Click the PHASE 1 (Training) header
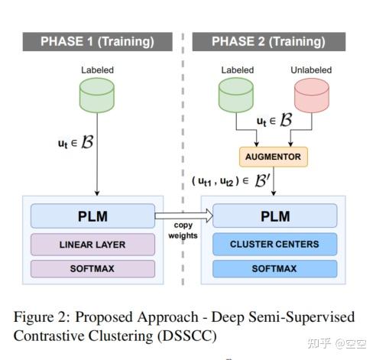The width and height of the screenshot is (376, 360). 96,41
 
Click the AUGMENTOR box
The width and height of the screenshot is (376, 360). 274,157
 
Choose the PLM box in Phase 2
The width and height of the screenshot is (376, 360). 274,216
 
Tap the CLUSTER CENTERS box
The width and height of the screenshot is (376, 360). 274,245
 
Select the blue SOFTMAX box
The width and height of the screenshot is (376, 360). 274,268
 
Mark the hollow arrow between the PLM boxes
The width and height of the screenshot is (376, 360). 183,216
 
